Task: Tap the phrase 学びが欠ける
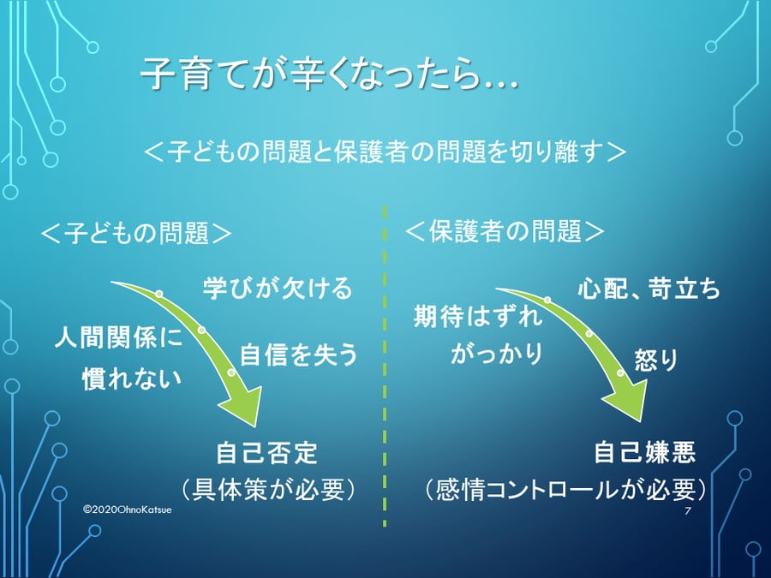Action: (278, 289)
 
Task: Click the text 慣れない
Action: (133, 378)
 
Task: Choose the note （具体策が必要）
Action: (268, 489)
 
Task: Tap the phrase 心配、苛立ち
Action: (648, 289)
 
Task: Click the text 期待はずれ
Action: (478, 317)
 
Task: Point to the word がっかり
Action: (498, 354)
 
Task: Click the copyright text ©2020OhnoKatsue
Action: (128, 508)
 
